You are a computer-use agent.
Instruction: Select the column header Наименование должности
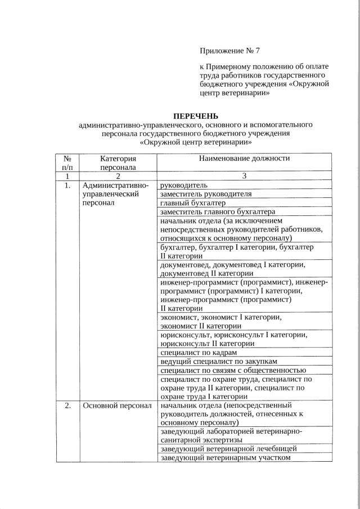point(244,158)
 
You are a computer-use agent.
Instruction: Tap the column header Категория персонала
point(118,163)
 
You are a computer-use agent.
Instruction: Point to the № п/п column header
point(67,163)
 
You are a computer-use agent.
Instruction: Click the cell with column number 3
point(244,176)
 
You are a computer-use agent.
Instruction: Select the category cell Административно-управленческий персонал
point(115,193)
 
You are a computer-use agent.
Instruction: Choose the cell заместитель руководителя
point(206,194)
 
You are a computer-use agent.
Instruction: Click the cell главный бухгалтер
point(193,203)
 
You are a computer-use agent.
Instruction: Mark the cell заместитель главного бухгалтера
point(218,212)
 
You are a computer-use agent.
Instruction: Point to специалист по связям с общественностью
point(233,370)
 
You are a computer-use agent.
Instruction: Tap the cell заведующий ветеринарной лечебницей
point(228,448)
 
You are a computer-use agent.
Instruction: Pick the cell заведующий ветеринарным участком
point(225,457)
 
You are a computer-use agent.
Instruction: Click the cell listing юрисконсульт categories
point(233,339)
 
